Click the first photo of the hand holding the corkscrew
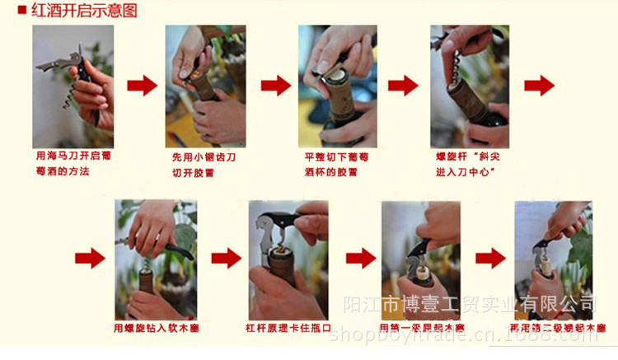73,86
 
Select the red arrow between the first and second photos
141,85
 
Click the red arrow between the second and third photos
276,85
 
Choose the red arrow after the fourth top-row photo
540,85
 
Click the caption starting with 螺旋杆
470,163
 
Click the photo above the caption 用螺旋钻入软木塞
157,259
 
